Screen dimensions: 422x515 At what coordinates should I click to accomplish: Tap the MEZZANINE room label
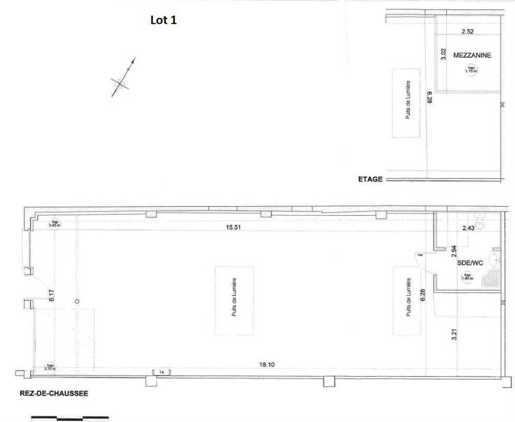click(472, 55)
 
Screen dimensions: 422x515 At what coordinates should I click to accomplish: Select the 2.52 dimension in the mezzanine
click(468, 32)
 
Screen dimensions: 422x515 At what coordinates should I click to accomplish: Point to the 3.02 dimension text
click(444, 54)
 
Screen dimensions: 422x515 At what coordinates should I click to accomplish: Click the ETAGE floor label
click(370, 179)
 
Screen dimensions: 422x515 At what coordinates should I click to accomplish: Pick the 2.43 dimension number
click(469, 228)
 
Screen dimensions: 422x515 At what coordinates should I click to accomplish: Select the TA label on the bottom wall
click(161, 372)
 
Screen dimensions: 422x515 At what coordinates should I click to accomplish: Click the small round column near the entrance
click(78, 301)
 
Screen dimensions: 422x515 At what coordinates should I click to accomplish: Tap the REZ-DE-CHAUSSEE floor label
click(53, 393)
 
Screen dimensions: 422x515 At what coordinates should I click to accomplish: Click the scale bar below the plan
click(70, 418)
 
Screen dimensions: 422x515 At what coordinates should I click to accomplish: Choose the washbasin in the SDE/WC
click(494, 258)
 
